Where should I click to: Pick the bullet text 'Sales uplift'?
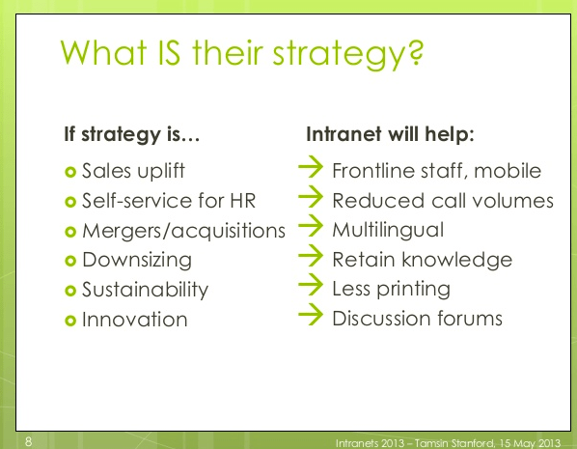133,171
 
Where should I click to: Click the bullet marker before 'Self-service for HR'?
69,202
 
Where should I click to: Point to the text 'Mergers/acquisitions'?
183,230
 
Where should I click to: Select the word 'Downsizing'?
136,260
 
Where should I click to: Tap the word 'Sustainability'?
145,290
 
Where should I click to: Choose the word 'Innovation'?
134,319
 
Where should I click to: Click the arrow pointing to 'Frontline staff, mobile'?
310,170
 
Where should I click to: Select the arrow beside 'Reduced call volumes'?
310,200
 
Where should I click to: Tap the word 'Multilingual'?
388,230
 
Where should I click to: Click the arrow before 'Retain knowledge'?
310,259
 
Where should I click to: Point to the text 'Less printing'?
391,289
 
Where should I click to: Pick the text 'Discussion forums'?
417,318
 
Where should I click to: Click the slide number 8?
28,440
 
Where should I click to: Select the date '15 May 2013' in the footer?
529,441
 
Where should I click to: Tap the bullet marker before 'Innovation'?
69,320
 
